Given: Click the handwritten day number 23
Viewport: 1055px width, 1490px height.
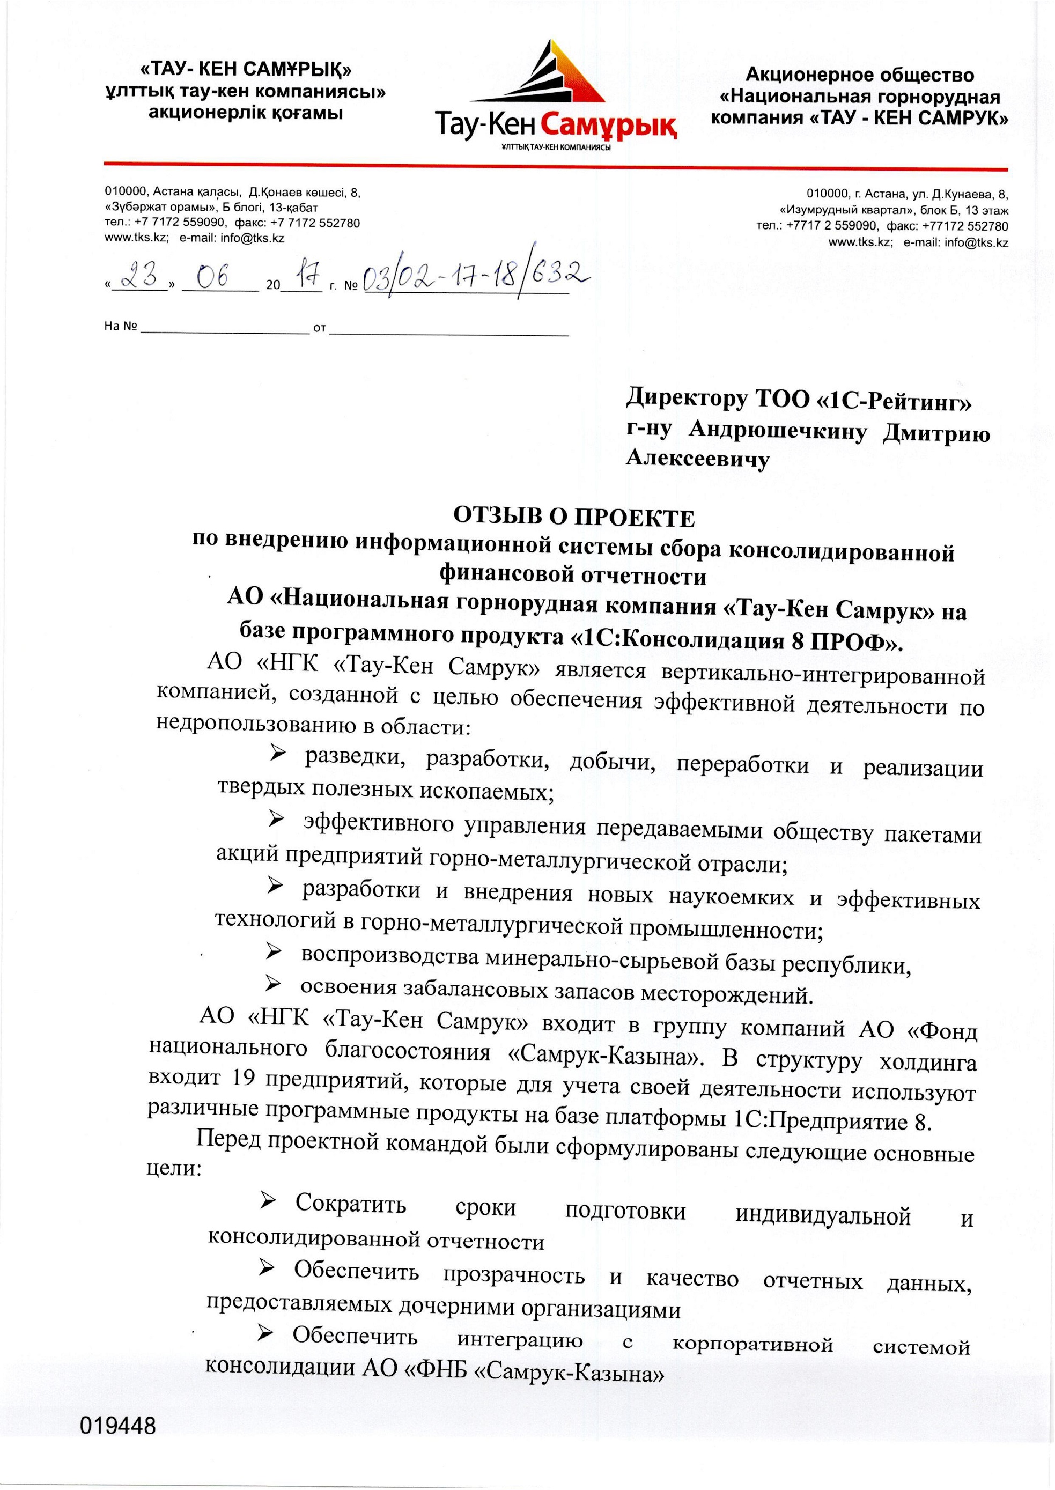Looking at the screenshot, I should click(x=141, y=277).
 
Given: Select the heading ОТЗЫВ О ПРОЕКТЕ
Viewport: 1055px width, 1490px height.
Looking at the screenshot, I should click(x=573, y=518).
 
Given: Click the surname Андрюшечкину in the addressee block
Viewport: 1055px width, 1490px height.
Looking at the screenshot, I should click(x=778, y=431).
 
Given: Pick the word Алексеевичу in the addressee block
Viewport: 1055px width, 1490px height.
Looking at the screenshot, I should click(x=698, y=459).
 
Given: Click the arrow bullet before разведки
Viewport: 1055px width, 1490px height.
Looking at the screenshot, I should click(x=277, y=754).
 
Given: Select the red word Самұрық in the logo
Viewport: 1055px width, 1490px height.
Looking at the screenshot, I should click(x=608, y=123).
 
